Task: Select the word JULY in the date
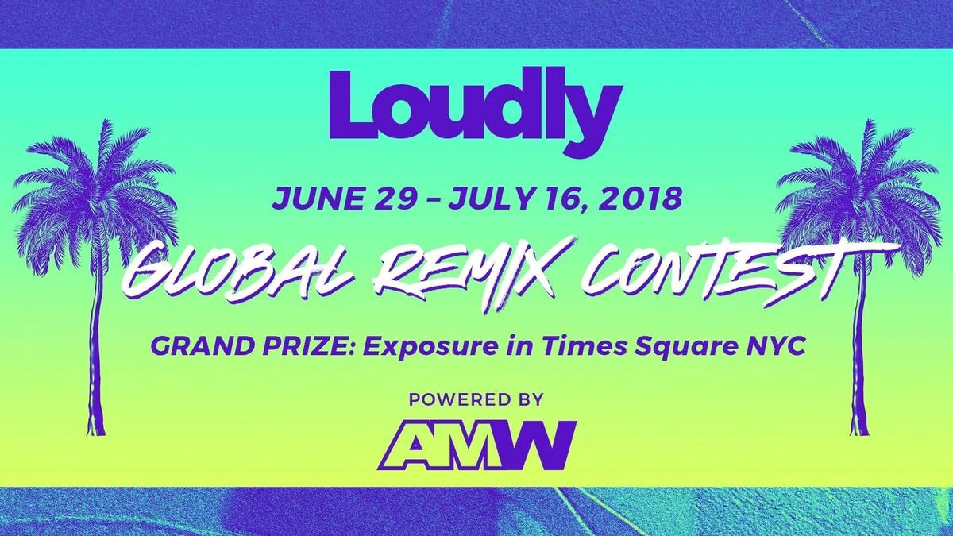click(479, 198)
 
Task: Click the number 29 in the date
click(383, 198)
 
